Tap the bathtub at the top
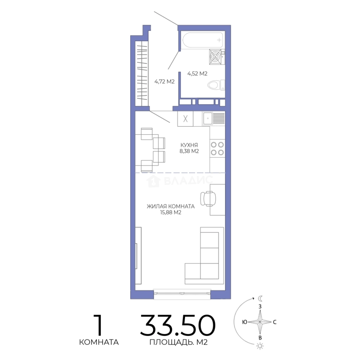click(x=203, y=40)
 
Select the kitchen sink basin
click(x=208, y=118)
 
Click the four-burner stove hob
click(x=217, y=148)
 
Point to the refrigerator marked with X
click(x=185, y=118)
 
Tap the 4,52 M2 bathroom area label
click(x=197, y=74)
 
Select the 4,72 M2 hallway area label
click(x=164, y=82)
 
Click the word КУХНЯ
click(x=189, y=145)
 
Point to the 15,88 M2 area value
click(x=171, y=213)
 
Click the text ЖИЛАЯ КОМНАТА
click(x=171, y=206)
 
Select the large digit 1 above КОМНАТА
click(x=99, y=325)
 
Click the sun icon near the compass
click(x=260, y=346)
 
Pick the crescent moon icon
click(x=260, y=298)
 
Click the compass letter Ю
click(x=245, y=322)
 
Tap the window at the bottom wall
click(x=182, y=294)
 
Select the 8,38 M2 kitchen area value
click(x=189, y=151)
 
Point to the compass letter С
click(x=275, y=322)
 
